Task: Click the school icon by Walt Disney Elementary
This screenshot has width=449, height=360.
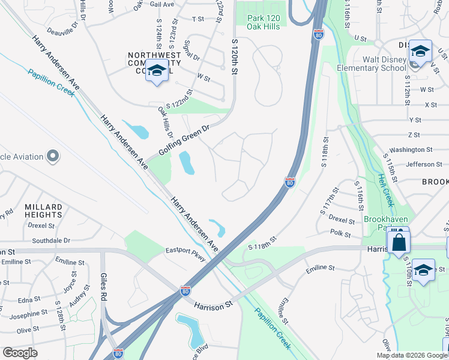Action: pos(420,51)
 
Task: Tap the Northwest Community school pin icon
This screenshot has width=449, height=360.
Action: pos(157,71)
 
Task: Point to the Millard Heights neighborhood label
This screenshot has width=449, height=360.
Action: pos(43,211)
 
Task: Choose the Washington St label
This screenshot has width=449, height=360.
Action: pos(411,149)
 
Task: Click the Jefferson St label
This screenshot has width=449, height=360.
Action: pos(423,164)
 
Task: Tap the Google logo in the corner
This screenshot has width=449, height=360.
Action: pos(20,352)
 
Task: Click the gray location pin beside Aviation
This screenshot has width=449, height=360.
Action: pos(53,157)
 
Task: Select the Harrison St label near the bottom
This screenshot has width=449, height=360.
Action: pos(212,305)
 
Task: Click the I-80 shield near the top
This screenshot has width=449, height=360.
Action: pos(318,36)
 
